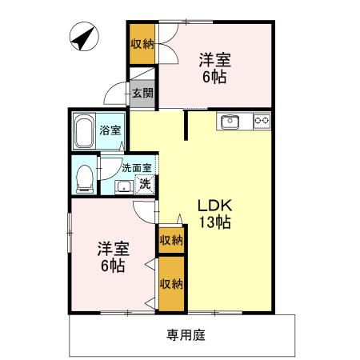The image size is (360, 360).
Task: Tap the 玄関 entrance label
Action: [143, 93]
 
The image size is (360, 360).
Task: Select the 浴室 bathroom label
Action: [110, 129]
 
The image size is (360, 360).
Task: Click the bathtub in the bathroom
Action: [84, 132]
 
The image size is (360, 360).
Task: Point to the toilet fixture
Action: [82, 178]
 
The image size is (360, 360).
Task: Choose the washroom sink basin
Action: [122, 187]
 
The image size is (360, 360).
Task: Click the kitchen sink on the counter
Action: [230, 121]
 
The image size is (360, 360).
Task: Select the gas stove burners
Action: [262, 121]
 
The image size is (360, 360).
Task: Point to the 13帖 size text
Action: [215, 223]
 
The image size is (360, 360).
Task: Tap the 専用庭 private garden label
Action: [186, 335]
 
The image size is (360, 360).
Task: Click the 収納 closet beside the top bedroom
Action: [143, 43]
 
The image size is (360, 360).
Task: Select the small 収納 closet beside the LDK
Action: [170, 239]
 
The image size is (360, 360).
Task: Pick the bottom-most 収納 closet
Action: [170, 282]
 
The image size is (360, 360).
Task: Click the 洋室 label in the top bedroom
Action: [215, 59]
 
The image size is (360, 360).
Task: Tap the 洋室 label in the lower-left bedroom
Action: [112, 249]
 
